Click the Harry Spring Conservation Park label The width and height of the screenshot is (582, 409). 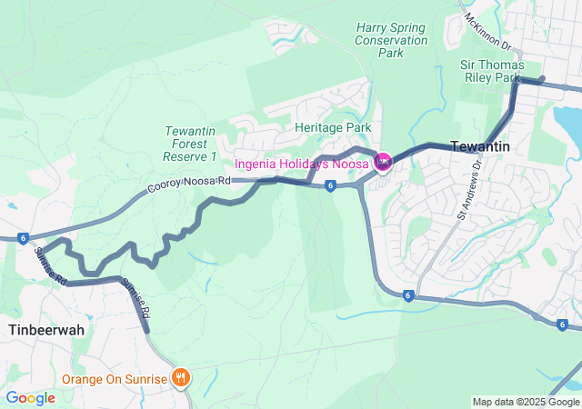pos(391,40)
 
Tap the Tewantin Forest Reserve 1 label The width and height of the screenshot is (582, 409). pos(190,144)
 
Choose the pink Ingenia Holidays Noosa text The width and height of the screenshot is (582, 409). pos(302,164)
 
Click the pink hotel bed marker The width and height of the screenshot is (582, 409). pos(383,162)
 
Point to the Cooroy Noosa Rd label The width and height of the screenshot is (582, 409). pos(189,185)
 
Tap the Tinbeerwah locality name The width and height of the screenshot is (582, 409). pos(46,329)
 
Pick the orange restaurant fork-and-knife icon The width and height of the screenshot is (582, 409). pos(181,377)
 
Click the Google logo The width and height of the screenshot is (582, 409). pos(30,398)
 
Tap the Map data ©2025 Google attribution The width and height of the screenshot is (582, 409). pos(525,402)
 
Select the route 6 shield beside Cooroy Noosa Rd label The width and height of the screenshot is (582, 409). pos(330,185)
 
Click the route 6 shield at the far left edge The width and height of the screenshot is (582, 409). pos(21,238)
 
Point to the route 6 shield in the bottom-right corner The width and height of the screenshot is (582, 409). pos(563,324)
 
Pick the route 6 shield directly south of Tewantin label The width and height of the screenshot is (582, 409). pos(409,295)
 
